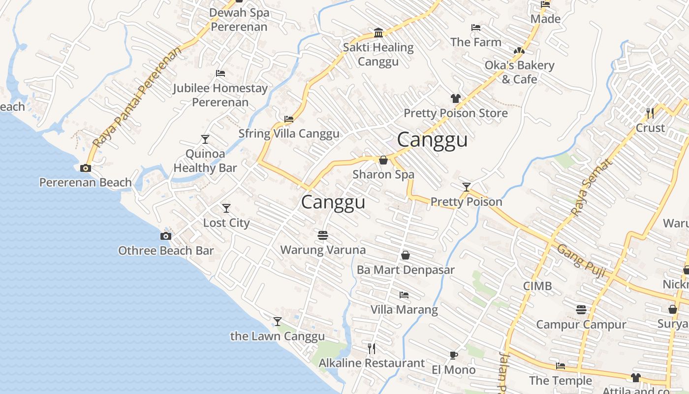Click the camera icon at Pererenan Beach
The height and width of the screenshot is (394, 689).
click(86, 168)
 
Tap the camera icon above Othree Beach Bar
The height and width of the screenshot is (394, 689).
click(166, 236)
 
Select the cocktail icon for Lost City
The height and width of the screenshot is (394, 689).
click(226, 208)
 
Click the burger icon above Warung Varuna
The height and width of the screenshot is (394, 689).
click(323, 235)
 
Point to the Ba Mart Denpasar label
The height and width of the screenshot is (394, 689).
click(406, 270)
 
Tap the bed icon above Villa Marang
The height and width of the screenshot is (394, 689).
click(404, 295)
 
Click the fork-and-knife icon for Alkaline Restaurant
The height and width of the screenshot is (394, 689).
click(372, 349)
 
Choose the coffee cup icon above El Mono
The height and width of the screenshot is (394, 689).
click(453, 355)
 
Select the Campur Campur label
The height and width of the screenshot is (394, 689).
click(581, 325)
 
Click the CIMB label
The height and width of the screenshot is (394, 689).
click(537, 286)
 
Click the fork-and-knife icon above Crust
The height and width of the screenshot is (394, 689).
click(650, 113)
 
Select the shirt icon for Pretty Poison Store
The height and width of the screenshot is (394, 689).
click(456, 98)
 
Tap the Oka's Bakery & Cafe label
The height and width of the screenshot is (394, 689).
click(519, 72)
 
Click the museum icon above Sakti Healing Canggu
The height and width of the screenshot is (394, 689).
click(378, 33)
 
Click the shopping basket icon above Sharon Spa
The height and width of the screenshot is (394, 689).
click(383, 160)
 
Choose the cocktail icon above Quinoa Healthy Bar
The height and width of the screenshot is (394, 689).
click(205, 139)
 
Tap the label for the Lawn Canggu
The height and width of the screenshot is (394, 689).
click(278, 336)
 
